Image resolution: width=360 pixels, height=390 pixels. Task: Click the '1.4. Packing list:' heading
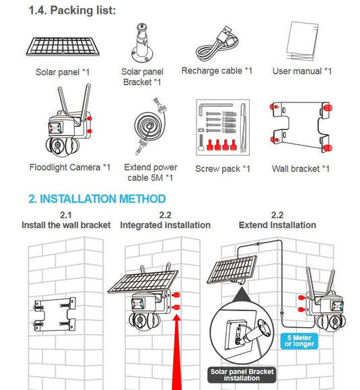(72, 11)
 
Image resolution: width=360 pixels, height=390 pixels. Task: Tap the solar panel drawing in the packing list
(63, 46)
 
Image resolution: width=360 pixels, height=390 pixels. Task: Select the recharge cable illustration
(217, 44)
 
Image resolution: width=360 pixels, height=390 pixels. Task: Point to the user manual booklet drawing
(302, 41)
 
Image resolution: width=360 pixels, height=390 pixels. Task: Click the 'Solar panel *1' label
(63, 72)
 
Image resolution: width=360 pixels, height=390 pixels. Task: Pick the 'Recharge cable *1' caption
(217, 71)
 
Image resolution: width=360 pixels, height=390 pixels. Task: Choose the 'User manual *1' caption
(302, 71)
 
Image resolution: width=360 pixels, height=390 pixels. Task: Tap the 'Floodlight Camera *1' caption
(70, 167)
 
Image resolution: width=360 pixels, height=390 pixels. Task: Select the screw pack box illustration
(223, 127)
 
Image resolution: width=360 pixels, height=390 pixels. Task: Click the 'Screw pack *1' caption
(223, 168)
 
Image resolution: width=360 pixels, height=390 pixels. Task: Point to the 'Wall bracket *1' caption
(301, 168)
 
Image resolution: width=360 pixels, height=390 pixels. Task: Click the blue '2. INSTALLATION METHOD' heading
(97, 199)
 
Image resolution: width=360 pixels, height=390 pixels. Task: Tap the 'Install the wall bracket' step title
(66, 225)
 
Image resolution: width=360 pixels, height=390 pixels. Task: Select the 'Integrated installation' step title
(166, 225)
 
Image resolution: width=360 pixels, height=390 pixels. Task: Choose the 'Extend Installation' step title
(277, 225)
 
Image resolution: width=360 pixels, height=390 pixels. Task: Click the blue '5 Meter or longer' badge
(299, 341)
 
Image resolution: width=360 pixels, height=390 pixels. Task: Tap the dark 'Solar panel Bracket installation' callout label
(242, 375)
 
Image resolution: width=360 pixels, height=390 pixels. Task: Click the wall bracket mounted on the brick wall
(55, 315)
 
